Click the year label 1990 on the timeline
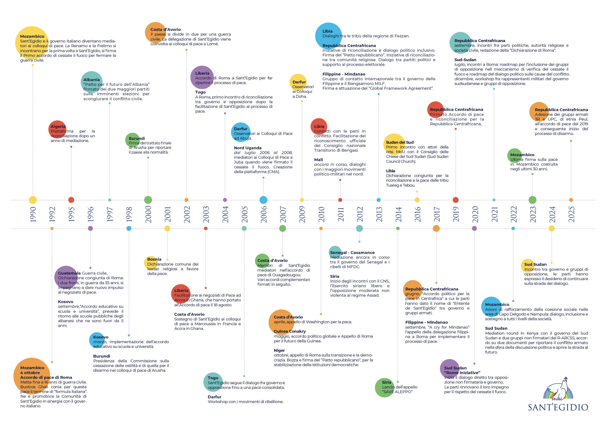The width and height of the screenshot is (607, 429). click(x=33, y=214)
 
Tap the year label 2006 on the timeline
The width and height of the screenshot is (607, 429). click(x=264, y=214)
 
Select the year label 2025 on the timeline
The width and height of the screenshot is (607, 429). click(x=571, y=214)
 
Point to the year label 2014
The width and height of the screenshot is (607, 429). click(x=398, y=214)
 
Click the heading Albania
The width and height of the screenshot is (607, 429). click(x=92, y=80)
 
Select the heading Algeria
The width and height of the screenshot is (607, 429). click(x=58, y=126)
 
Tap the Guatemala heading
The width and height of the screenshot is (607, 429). click(x=69, y=273)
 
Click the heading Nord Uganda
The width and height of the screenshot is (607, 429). click(x=248, y=148)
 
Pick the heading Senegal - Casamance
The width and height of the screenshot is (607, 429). click(x=352, y=252)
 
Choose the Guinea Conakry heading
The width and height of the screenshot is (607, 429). click(x=290, y=331)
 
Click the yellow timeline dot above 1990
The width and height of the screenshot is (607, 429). click(x=33, y=200)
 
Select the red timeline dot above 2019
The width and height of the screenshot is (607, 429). click(x=455, y=200)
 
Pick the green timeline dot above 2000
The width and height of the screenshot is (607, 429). click(x=148, y=200)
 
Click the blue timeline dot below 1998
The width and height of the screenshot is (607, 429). click(x=129, y=228)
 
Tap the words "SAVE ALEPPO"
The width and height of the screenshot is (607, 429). click(x=397, y=392)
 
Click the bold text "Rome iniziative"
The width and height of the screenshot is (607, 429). click(x=462, y=373)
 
